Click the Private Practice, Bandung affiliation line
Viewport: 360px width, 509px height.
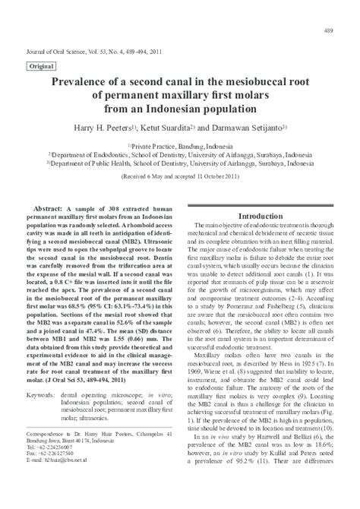180,145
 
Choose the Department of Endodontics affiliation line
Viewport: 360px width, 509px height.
180,153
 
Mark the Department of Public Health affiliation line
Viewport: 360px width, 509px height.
180,162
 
